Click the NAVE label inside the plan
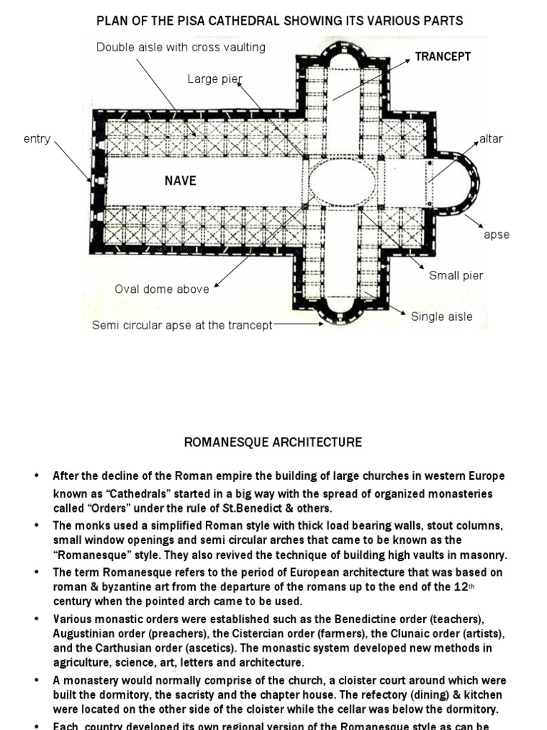180,181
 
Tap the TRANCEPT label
442,56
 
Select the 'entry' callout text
37,139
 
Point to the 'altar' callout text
491,139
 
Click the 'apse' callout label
496,235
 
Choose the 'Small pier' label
456,276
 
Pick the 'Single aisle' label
442,317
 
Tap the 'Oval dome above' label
162,289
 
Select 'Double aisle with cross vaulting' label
181,47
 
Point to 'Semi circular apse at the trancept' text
182,325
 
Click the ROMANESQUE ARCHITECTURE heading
273,443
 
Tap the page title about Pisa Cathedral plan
280,21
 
